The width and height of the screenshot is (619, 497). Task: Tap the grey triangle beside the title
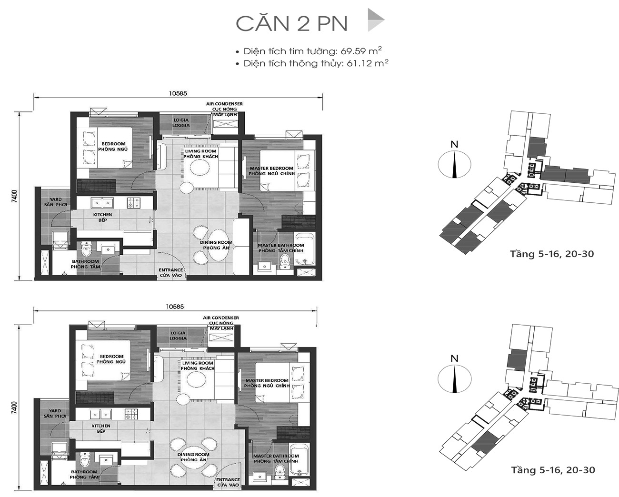375,20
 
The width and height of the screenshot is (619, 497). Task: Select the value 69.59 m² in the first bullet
361,51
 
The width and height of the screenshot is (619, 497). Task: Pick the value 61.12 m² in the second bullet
367,63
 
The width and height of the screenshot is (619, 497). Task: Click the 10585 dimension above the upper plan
178,93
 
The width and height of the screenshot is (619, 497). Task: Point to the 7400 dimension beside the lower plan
15,408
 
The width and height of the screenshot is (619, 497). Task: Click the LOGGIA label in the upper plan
181,125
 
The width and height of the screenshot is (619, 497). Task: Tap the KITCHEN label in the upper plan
102,215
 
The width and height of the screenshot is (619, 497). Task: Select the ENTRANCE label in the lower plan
228,479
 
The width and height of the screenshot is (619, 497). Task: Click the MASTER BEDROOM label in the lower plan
267,380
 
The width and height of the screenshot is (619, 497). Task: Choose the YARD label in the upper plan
56,199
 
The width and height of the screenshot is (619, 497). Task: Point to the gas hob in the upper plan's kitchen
133,203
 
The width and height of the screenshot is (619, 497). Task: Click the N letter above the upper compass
454,144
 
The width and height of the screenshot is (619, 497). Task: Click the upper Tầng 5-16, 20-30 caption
552,254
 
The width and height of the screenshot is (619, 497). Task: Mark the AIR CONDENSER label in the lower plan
220,318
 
